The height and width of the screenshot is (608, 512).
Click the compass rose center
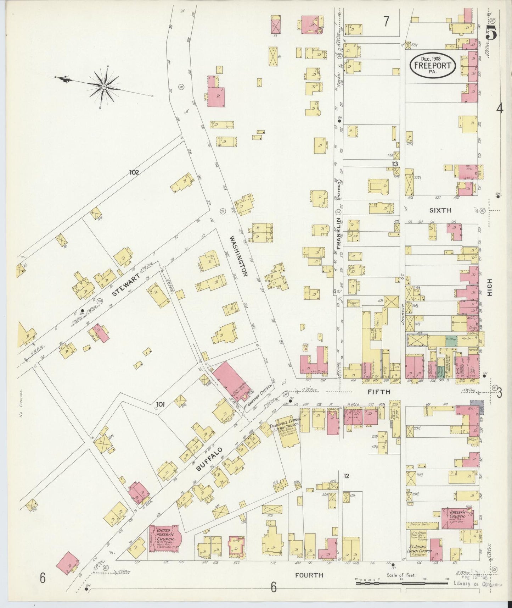[104, 86]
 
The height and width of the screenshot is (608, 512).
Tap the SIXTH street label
[440, 210]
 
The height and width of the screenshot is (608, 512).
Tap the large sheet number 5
[491, 34]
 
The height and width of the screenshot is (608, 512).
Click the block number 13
[395, 164]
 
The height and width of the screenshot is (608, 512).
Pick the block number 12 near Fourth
[346, 476]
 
